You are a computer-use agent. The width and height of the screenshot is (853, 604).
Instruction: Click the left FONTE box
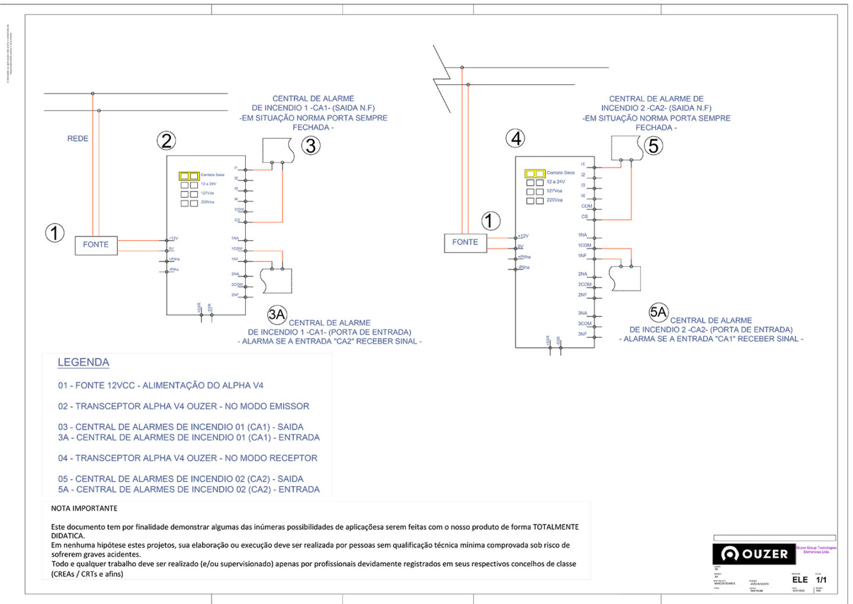(96, 245)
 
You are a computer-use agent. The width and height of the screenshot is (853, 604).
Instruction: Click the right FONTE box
(465, 242)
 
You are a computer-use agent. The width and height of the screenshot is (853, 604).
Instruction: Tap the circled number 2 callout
(166, 141)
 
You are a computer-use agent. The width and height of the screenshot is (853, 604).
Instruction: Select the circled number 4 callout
(516, 139)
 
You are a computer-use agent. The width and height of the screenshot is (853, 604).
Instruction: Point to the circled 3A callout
(277, 315)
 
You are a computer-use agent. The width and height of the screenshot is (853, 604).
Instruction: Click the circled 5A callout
(658, 312)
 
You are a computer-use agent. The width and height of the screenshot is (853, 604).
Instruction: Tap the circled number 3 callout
(311, 146)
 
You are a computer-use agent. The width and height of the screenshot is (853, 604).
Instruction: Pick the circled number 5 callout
(653, 146)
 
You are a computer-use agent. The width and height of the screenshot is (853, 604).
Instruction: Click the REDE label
(78, 139)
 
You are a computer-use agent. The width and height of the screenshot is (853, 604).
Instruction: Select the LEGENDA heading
(84, 362)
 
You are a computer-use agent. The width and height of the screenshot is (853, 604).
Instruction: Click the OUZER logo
(754, 554)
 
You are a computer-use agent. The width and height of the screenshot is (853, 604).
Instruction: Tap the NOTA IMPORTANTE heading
(84, 509)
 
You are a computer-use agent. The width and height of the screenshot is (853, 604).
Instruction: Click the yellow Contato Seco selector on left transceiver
(189, 176)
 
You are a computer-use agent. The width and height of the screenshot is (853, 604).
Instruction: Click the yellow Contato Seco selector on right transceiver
(535, 174)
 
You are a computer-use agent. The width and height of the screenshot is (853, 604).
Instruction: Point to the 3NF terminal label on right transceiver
(582, 334)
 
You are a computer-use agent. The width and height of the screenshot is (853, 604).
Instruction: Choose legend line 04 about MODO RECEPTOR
(187, 458)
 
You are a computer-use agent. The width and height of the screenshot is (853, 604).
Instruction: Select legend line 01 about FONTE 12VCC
(161, 385)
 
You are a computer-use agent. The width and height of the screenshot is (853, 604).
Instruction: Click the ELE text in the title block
(800, 580)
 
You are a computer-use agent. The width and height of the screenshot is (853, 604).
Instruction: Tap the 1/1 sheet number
(822, 580)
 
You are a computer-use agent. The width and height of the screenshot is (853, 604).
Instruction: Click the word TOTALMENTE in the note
(556, 527)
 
